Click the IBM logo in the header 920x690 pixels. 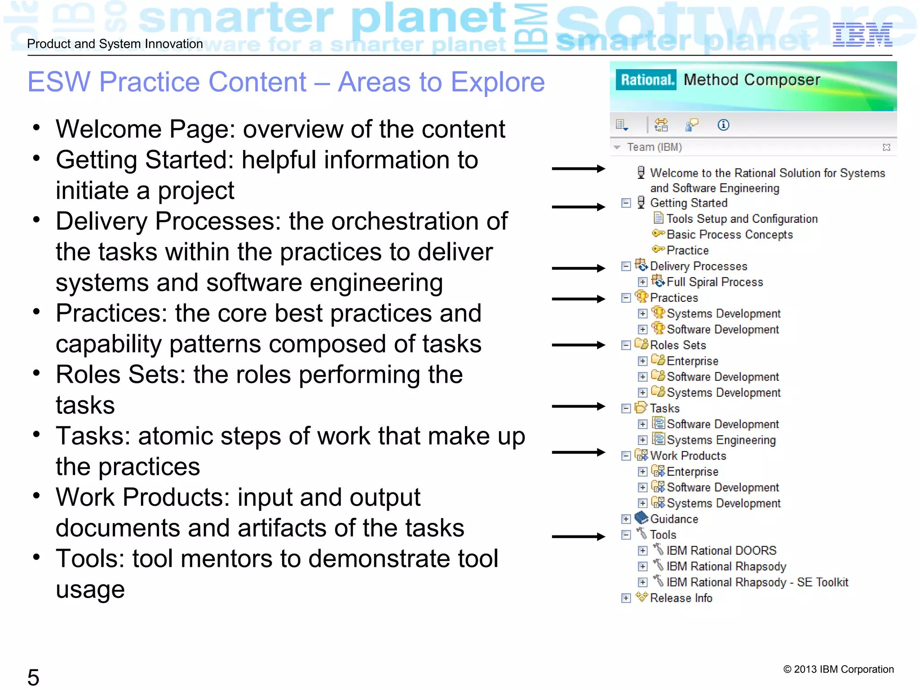(862, 35)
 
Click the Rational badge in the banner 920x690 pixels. (646, 80)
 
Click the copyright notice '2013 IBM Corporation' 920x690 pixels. (838, 669)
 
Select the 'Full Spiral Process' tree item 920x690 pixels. (714, 282)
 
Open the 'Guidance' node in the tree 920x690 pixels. (674, 519)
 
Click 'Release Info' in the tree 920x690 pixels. (681, 598)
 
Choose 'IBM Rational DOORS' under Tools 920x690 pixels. (721, 551)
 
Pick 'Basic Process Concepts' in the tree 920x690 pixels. (730, 234)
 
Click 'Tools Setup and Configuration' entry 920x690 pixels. (742, 219)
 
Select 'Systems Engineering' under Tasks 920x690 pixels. (721, 440)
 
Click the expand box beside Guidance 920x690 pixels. (626, 519)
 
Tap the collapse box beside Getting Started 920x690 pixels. (626, 203)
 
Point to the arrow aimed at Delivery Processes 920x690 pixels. (578, 268)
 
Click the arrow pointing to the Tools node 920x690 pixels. (578, 536)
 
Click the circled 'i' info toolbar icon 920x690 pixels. (723, 125)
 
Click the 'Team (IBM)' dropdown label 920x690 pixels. (654, 147)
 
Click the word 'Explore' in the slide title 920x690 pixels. (497, 82)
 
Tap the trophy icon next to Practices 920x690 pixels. (641, 297)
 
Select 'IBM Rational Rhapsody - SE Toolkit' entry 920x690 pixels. (757, 583)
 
